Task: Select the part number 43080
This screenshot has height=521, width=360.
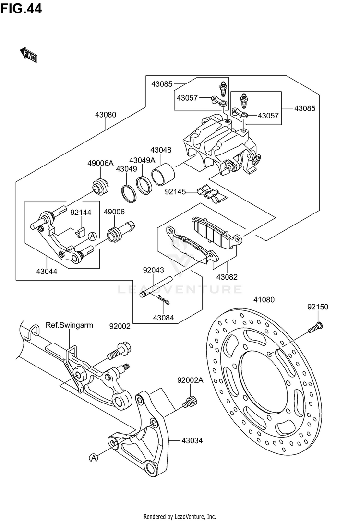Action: pos(106,115)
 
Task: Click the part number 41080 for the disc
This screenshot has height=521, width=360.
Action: pos(264,300)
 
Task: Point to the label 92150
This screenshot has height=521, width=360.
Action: pos(318,307)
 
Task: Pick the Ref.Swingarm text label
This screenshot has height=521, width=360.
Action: pos(69,325)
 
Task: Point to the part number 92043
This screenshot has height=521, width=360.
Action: pos(154,271)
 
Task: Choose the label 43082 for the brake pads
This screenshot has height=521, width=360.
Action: pos(227,277)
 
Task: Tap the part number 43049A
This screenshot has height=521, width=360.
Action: pos(142,160)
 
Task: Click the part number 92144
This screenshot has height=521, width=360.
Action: pos(80,212)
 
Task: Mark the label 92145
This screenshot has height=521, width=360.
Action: pos(175,191)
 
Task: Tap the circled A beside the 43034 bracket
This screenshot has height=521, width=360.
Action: pos(94,458)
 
